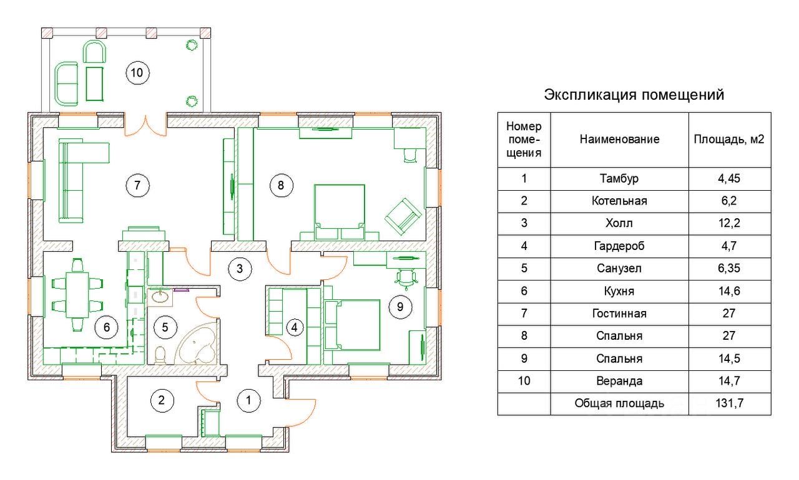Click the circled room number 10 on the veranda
137,73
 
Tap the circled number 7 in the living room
137,185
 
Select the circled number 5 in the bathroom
165,327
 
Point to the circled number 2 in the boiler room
162,400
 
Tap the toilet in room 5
160,356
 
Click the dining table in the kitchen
77,295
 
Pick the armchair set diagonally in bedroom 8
403,216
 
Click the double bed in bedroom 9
353,325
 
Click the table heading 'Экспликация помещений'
634,95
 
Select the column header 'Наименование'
619,139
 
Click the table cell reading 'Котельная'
619,201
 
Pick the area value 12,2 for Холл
729,223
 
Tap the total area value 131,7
730,403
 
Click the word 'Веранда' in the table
619,381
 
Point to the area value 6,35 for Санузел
729,268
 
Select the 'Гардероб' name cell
619,246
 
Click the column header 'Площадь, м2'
729,139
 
